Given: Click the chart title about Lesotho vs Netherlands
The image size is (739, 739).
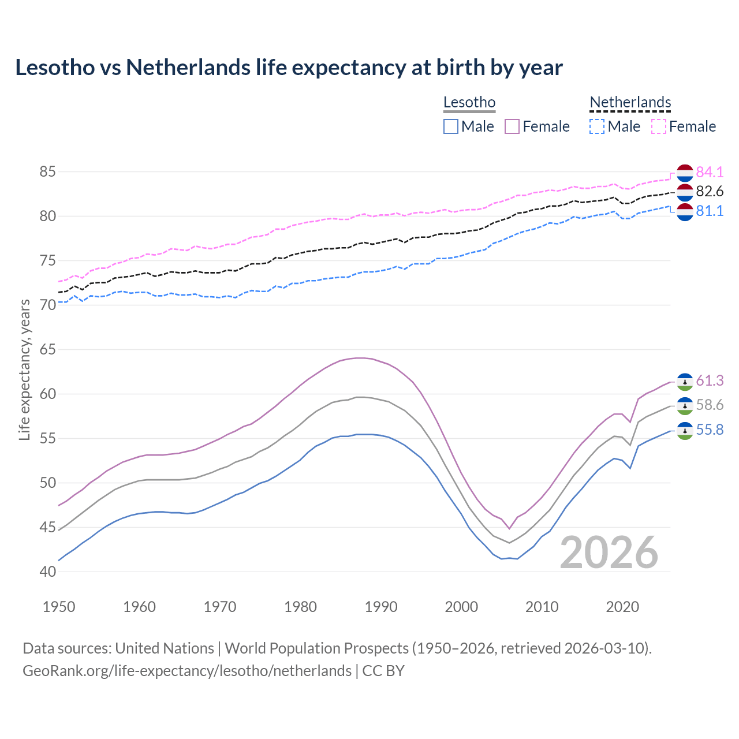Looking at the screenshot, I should pos(289,68).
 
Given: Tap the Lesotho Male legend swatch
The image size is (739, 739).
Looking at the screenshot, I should pos(451,126).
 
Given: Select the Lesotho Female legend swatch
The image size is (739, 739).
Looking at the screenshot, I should pos(512,126).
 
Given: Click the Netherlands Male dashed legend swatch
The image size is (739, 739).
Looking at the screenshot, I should pos(597,126).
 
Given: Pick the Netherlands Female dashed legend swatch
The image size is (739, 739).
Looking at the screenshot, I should pos(659,126).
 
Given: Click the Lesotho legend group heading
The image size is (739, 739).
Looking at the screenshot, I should pos(469,103).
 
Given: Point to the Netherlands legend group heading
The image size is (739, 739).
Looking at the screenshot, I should pos(630,103).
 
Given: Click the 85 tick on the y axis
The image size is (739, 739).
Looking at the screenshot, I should pos(47,172).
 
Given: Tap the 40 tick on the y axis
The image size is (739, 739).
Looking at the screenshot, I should pos(47,572).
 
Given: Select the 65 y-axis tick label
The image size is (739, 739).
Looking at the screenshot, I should pos(47,350).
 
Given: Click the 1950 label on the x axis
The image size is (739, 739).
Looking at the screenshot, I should pos(59,607).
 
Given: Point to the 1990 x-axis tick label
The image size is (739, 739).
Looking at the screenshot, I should pos(381,607).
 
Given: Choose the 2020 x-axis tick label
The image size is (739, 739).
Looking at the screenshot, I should pos(622,607).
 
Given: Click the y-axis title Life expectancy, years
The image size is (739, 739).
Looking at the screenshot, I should pos(24,369).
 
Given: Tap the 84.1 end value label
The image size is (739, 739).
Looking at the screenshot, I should pos(710,172).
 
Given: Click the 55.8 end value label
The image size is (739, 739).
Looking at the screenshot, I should pos(710,430).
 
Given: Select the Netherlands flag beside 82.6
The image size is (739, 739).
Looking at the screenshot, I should pos(685,192).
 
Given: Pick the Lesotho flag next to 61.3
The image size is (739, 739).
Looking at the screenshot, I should pos(685,382).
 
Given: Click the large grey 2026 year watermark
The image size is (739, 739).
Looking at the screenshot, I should pos(609,553).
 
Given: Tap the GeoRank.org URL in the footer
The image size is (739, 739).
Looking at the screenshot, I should pos(187,671).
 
